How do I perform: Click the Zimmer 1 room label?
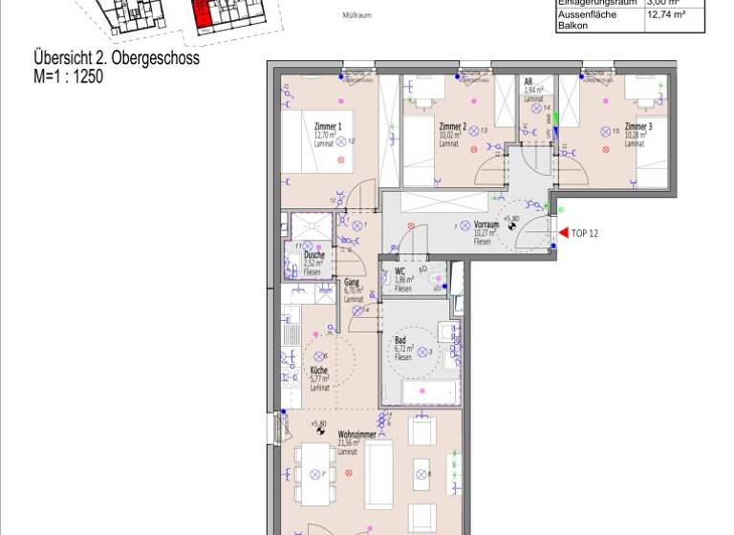pos(327,127)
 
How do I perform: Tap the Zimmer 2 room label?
pos(452,127)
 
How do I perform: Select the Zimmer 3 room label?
pos(638,127)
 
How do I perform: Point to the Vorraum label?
pos(487,225)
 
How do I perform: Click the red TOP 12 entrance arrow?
pos(563,232)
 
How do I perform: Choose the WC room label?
pos(400,271)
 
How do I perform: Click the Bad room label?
pos(401,340)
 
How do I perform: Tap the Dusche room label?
pos(313,256)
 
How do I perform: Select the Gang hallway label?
pos(352,283)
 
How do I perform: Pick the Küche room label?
pos(319,371)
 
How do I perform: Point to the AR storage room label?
pos(529,82)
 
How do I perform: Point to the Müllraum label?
pos(356,15)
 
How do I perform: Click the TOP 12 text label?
pos(585,233)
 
